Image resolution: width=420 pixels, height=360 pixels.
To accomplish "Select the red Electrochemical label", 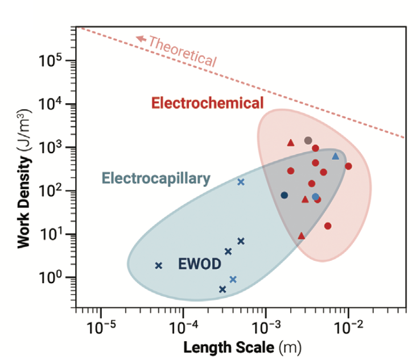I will coord(208,103).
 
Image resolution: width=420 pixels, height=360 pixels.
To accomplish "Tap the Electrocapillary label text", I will coord(156,178).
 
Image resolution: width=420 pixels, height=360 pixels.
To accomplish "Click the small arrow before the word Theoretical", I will coord(140,39).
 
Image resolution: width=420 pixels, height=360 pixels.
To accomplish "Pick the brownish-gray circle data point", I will coord(308,140).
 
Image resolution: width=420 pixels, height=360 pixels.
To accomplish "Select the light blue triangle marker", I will coord(335,156).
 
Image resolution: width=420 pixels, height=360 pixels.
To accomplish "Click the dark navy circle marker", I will coord(285,195).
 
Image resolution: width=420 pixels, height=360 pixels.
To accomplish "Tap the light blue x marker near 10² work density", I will coord(241,182).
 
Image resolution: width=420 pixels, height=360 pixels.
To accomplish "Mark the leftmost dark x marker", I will coord(159,265).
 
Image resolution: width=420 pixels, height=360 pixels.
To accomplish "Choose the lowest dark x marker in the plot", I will coord(223,289).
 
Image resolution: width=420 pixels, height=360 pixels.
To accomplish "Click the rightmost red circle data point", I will coord(348,166).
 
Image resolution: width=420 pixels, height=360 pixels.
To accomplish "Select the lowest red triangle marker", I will coord(301,235).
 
